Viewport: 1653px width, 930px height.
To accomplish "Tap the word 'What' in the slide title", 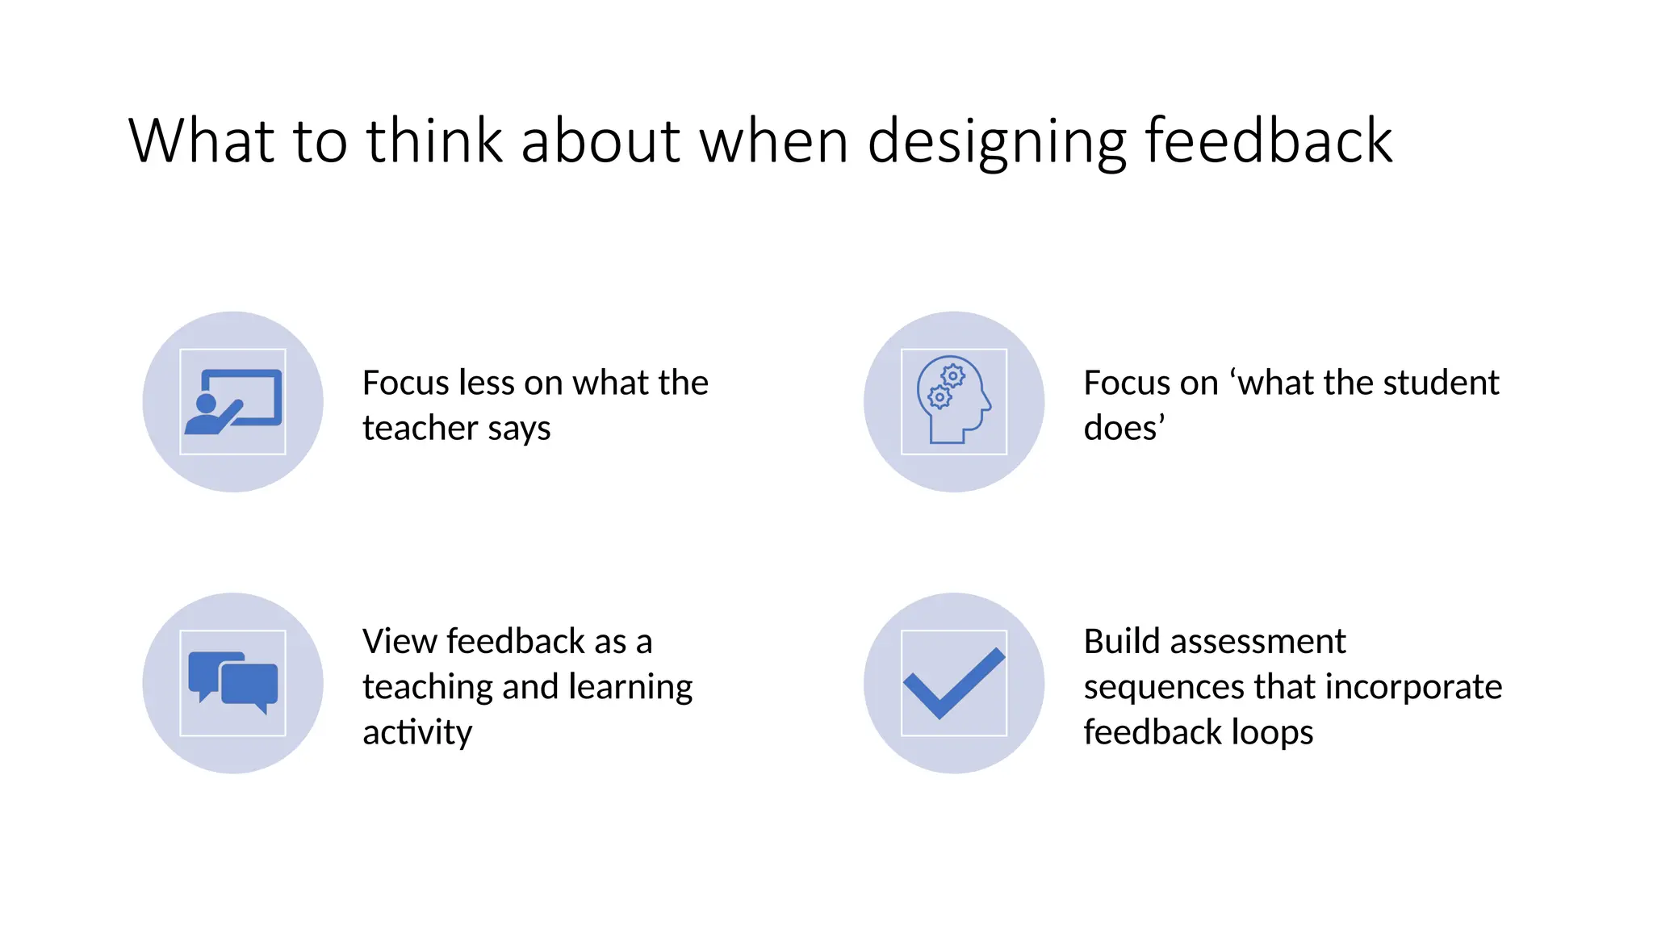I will [201, 140].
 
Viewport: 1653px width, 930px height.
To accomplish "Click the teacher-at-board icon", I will [232, 401].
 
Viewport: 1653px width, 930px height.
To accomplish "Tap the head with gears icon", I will [953, 400].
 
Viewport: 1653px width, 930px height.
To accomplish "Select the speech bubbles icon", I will [232, 683].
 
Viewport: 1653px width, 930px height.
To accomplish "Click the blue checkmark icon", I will [953, 683].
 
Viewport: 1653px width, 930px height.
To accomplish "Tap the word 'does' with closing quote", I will [1124, 428].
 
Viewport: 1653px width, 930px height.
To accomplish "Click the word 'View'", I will [400, 642].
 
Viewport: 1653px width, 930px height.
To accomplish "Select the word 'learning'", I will [630, 688].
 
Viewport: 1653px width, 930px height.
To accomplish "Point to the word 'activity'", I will [417, 733].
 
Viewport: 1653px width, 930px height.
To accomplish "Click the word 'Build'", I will [1121, 642].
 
